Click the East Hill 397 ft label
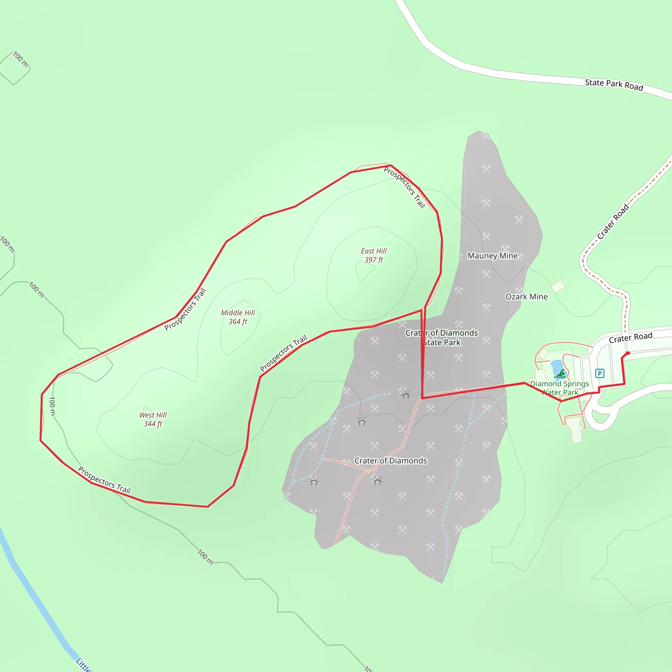click(373, 255)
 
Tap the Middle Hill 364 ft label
click(238, 317)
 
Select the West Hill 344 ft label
click(153, 419)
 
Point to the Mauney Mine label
click(493, 256)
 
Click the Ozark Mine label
click(526, 297)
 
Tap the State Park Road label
click(614, 85)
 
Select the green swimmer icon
click(560, 374)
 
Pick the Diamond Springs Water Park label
click(559, 388)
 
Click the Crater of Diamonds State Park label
click(442, 338)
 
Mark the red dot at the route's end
click(628, 353)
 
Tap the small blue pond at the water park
click(556, 366)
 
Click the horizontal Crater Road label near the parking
click(630, 337)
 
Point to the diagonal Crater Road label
click(613, 221)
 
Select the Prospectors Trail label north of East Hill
click(405, 187)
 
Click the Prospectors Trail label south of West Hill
click(104, 480)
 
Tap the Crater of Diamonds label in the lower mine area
click(390, 460)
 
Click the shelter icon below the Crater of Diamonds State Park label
click(406, 394)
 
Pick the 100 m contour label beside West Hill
click(52, 406)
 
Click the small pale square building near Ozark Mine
click(558, 286)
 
